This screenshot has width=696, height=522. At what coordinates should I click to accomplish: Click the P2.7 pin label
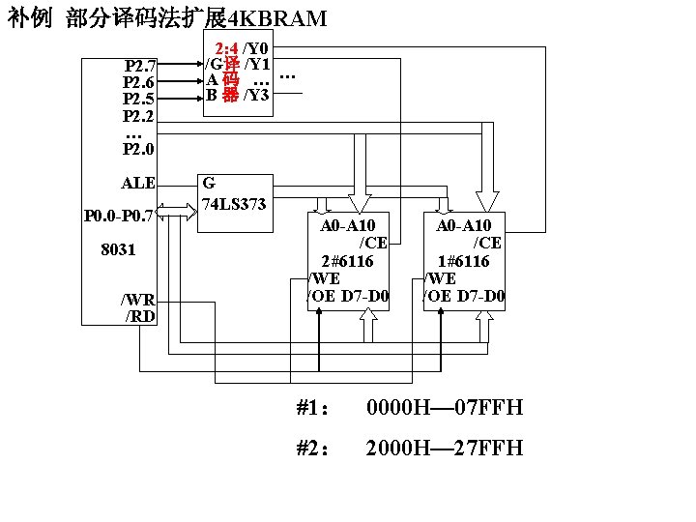(x=141, y=66)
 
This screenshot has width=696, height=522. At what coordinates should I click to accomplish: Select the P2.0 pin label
(x=138, y=149)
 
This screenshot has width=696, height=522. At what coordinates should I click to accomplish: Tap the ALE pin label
(x=138, y=183)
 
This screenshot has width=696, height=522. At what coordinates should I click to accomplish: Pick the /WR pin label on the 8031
(x=137, y=300)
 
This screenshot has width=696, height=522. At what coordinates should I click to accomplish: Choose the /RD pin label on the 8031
(x=140, y=315)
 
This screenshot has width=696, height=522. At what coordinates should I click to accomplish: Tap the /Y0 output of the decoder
(x=256, y=47)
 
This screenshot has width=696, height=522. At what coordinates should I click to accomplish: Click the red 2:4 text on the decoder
(x=227, y=47)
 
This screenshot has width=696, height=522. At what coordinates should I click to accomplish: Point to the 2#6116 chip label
(x=347, y=261)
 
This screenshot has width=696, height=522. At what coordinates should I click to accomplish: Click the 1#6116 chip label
(x=462, y=261)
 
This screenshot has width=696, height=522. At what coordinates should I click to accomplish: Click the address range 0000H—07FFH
(x=444, y=408)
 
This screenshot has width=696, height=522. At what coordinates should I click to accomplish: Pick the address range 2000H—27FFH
(x=444, y=449)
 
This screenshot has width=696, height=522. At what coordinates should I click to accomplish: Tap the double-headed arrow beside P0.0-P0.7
(x=176, y=209)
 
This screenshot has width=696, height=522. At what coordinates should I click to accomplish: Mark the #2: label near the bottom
(x=313, y=449)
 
